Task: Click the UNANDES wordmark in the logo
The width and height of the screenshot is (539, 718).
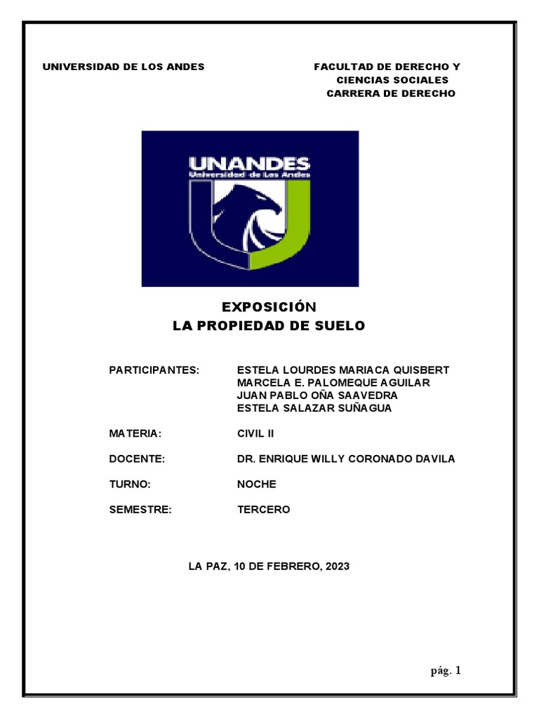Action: (x=249, y=165)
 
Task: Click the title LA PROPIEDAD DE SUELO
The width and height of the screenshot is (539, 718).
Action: (x=269, y=326)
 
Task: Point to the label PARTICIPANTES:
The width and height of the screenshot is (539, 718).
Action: (x=154, y=370)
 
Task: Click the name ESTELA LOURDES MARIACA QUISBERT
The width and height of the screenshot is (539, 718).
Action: (x=343, y=370)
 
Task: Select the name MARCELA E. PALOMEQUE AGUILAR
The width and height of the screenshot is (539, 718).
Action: (x=333, y=383)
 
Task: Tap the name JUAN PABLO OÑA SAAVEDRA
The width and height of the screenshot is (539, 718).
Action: (x=317, y=395)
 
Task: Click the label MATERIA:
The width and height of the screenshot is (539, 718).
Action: (x=136, y=433)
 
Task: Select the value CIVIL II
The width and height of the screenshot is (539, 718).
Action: (x=255, y=433)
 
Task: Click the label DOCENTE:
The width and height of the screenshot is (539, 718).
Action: (x=137, y=459)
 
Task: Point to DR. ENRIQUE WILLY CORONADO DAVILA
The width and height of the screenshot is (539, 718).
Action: (x=346, y=459)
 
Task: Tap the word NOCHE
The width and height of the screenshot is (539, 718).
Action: (x=257, y=485)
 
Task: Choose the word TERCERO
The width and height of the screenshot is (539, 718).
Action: (x=263, y=510)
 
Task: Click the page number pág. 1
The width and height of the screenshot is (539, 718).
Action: (x=446, y=671)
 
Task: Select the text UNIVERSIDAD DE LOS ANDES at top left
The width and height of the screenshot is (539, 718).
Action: (x=124, y=67)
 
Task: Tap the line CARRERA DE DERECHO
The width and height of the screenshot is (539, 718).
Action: (x=391, y=93)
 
